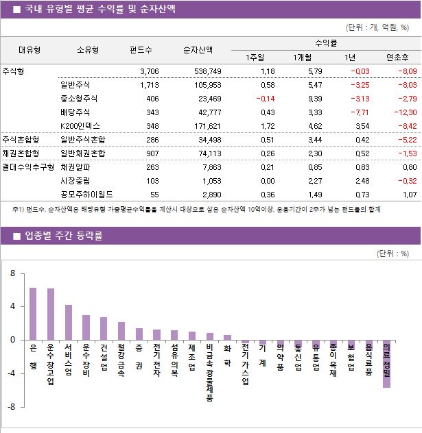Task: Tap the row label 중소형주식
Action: pyautogui.click(x=80, y=99)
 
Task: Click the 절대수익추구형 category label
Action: pyautogui.click(x=28, y=166)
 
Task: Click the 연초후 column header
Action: pyautogui.click(x=398, y=57)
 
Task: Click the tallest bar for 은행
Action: pyautogui.click(x=33, y=314)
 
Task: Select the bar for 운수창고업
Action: pyautogui.click(x=51, y=314)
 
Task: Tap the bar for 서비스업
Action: pyautogui.click(x=69, y=323)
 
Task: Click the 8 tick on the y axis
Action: pyautogui.click(x=12, y=273)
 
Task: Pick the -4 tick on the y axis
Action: pyautogui.click(x=11, y=373)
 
